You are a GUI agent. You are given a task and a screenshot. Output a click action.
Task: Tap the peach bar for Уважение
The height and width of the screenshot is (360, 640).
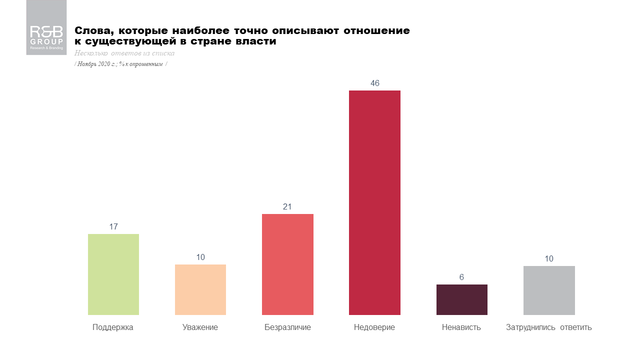(x=200, y=289)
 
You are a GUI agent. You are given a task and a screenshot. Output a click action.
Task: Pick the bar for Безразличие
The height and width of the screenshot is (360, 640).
(x=287, y=264)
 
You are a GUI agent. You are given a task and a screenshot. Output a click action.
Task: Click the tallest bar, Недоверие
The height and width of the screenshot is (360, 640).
(x=374, y=202)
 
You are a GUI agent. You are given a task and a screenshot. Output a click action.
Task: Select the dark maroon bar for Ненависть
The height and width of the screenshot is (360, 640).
(x=461, y=299)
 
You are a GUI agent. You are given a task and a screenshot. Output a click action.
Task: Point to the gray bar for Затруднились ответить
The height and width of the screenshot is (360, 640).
(x=549, y=290)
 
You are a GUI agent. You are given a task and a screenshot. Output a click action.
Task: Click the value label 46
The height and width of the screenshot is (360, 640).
(x=375, y=83)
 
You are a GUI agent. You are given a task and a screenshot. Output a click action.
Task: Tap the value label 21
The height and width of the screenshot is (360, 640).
(x=287, y=207)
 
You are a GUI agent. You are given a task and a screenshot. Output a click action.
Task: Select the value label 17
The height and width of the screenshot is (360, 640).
(x=113, y=227)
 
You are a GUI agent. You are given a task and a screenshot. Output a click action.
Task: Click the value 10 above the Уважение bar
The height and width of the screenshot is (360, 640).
(x=200, y=257)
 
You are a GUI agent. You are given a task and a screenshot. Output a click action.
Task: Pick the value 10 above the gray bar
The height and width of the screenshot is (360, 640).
(x=549, y=259)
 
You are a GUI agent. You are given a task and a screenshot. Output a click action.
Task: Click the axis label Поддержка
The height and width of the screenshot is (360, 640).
(x=113, y=327)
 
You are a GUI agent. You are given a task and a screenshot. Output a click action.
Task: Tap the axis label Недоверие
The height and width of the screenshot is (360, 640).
(x=374, y=327)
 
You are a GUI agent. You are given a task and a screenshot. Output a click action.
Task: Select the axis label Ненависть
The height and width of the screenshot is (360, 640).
(x=461, y=327)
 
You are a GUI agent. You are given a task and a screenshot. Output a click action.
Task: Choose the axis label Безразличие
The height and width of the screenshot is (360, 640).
(x=287, y=327)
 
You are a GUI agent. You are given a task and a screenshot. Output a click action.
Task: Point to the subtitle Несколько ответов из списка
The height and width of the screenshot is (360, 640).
(x=124, y=53)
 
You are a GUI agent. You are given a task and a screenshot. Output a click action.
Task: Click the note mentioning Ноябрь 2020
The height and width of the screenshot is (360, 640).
(x=120, y=64)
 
